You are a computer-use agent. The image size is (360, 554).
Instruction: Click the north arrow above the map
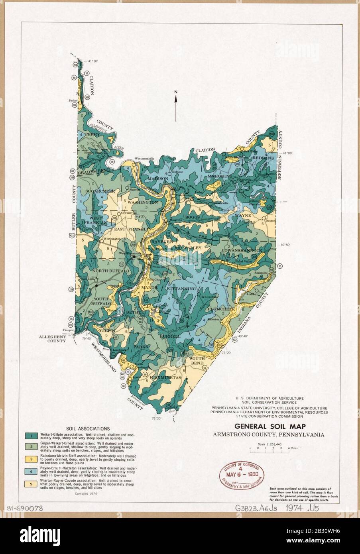pyautogui.click(x=175, y=106)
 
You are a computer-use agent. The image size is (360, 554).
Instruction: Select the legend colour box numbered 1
pyautogui.click(x=30, y=435)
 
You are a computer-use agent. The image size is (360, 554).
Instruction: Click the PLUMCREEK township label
pyautogui.click(x=229, y=308)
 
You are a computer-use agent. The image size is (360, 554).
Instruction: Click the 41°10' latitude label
pyautogui.click(x=92, y=61)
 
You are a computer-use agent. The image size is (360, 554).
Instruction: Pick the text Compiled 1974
pyautogui.click(x=86, y=493)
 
